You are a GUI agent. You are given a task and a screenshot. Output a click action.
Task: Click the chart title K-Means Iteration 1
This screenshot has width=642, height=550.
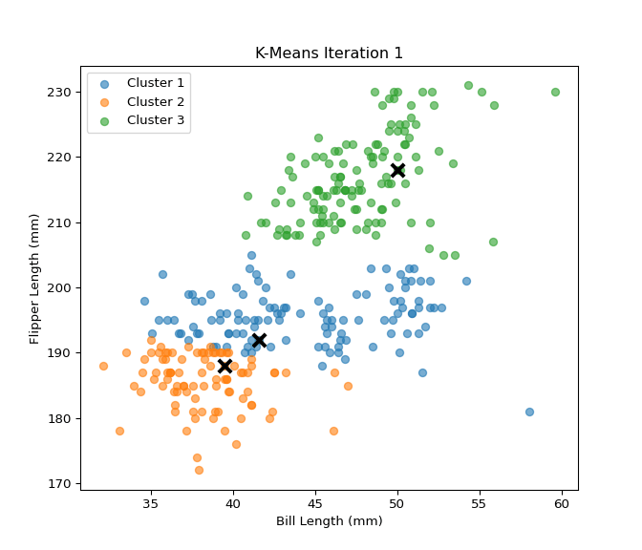click(x=329, y=53)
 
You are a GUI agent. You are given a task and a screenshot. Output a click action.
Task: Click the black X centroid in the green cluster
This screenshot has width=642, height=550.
click(x=397, y=170)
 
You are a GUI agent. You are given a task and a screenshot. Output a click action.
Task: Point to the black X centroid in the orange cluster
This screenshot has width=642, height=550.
click(x=225, y=366)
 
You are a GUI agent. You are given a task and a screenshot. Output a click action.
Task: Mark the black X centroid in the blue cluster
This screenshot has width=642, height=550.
click(x=259, y=340)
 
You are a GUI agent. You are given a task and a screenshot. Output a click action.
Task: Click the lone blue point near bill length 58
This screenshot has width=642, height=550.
click(x=529, y=412)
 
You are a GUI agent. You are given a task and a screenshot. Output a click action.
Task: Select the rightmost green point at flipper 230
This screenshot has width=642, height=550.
click(x=555, y=92)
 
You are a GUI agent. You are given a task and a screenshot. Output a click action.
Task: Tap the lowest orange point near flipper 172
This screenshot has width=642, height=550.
click(x=199, y=470)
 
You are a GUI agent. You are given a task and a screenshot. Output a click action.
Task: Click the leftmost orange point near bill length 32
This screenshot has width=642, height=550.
click(x=103, y=366)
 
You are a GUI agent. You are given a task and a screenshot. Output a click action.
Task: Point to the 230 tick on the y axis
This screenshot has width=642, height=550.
click(x=81, y=92)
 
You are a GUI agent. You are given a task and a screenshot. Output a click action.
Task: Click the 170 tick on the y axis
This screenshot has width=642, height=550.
click(x=81, y=483)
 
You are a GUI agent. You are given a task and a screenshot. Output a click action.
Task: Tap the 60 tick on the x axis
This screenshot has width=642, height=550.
click(x=562, y=490)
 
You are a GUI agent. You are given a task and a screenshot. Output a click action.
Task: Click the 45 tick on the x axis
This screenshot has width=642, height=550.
click(x=315, y=490)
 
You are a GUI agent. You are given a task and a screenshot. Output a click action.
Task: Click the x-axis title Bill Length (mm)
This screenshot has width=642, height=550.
click(x=329, y=521)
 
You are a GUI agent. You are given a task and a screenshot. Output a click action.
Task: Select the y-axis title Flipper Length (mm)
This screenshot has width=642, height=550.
click(x=35, y=278)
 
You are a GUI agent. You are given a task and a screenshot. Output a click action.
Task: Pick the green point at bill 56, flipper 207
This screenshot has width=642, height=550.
click(x=493, y=242)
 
